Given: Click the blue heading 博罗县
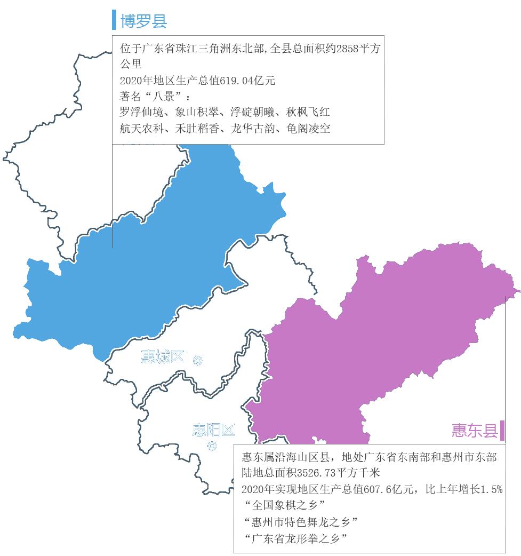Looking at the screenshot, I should click(x=143, y=20).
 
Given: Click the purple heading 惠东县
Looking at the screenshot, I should click(x=474, y=430).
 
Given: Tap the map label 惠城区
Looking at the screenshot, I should click(x=162, y=356).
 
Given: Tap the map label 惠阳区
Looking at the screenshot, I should click(x=213, y=430).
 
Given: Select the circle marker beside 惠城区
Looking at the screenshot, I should click(x=197, y=361).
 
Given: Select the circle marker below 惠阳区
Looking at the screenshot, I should click(x=212, y=446).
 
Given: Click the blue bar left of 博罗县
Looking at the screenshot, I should click(x=114, y=20).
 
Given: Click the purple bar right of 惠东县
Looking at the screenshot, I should click(x=502, y=430).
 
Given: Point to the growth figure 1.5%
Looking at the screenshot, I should click(x=491, y=489).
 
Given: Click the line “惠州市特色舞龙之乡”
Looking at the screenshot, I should click(x=301, y=521).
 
